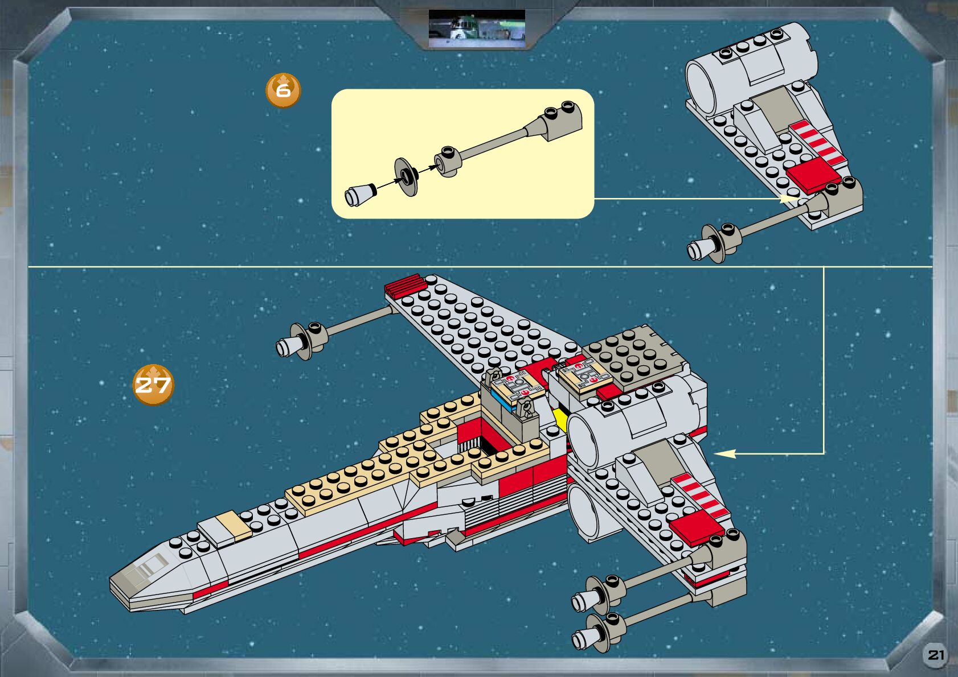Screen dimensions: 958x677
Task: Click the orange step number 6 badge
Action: click(283, 90)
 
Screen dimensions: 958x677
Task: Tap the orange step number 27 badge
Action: click(153, 385)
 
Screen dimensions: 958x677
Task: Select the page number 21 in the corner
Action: click(936, 655)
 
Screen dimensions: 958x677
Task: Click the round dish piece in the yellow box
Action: click(406, 176)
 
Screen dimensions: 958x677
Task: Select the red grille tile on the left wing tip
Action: click(403, 284)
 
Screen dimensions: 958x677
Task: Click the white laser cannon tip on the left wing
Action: click(287, 346)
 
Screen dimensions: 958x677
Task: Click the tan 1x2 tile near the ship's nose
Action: click(234, 526)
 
